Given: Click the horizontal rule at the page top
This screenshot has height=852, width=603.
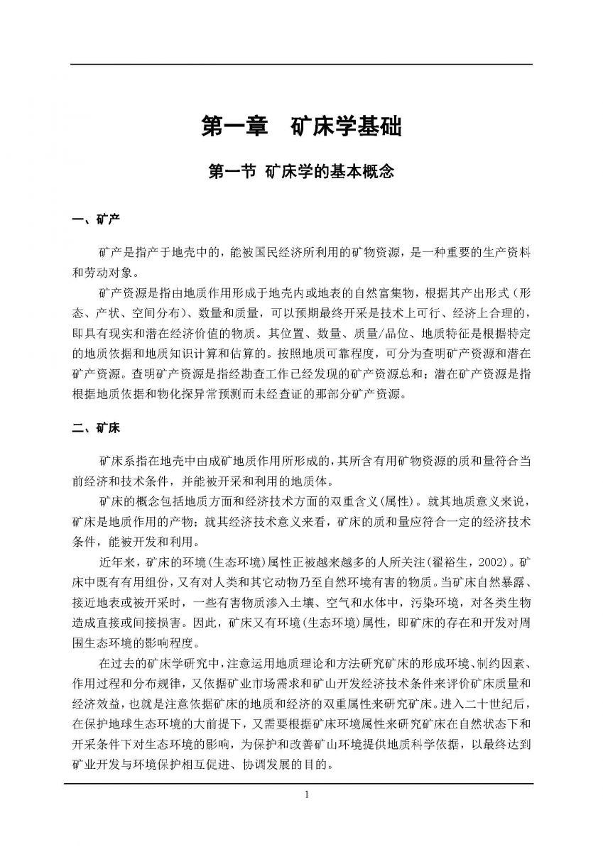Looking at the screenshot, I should tap(301, 65).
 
